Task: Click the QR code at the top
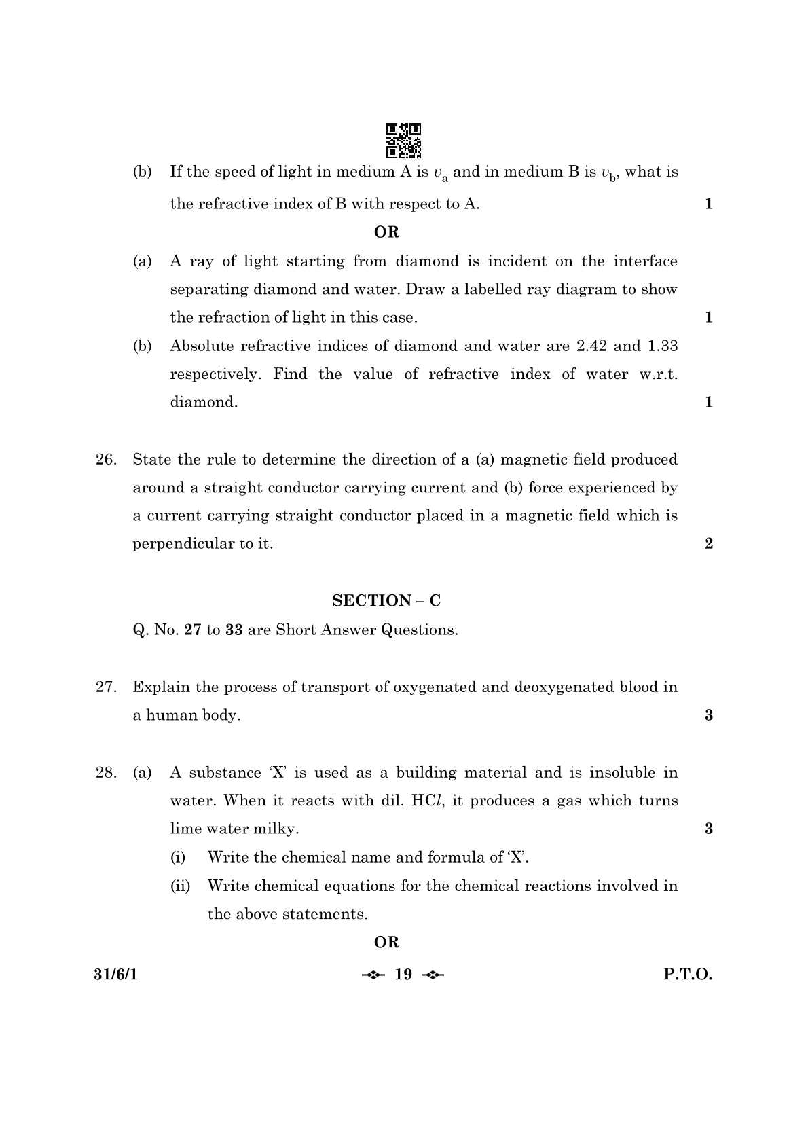click(x=403, y=139)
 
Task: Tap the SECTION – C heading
click(x=386, y=600)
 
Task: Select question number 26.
click(x=105, y=460)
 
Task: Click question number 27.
click(x=105, y=687)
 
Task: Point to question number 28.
click(x=105, y=773)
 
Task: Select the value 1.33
click(x=662, y=346)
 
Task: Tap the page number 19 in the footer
click(x=403, y=975)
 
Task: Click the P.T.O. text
click(x=688, y=975)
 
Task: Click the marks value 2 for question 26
click(x=709, y=543)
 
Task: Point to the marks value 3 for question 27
click(x=709, y=715)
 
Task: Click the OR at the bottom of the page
click(x=386, y=942)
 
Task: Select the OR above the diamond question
click(x=386, y=232)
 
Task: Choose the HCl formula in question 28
click(x=427, y=801)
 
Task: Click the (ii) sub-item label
click(x=180, y=886)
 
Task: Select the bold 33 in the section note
click(x=234, y=630)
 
